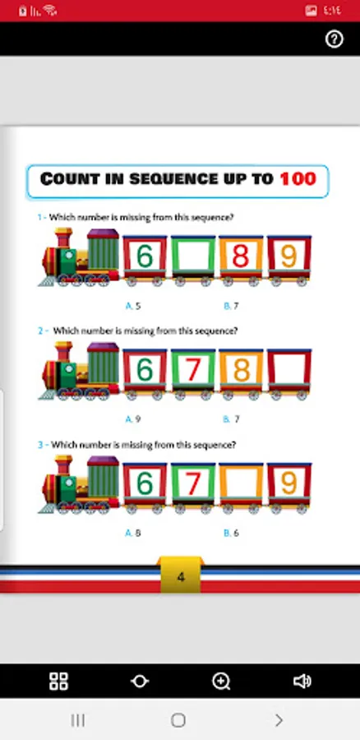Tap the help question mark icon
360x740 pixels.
(x=335, y=39)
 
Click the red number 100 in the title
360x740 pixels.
(x=298, y=179)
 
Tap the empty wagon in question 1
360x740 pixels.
(x=193, y=257)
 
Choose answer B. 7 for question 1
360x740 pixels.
(x=231, y=306)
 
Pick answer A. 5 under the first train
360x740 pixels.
(x=133, y=306)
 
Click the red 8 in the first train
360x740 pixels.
(x=241, y=257)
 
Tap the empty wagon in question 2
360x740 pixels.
(x=289, y=370)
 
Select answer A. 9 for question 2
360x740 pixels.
(x=133, y=419)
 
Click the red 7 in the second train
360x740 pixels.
(x=193, y=370)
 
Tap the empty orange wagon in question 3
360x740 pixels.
(x=241, y=483)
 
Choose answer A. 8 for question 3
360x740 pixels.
(x=133, y=533)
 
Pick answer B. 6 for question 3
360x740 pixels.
(x=231, y=533)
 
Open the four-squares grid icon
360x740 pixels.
(x=59, y=681)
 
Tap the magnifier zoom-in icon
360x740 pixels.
(x=221, y=681)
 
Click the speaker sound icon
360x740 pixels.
(x=302, y=681)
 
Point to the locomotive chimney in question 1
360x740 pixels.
(x=63, y=238)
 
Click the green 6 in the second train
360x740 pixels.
(x=145, y=370)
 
